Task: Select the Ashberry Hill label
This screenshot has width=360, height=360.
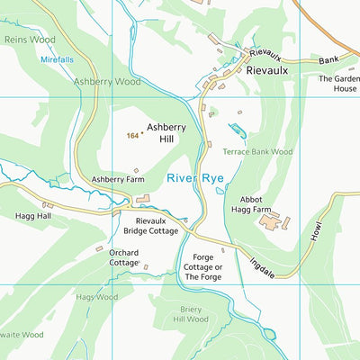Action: [x=166, y=133]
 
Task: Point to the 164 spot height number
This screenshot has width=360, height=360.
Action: [x=132, y=136]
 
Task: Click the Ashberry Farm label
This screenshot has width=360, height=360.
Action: [x=118, y=180]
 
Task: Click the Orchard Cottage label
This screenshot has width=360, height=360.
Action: [x=123, y=258]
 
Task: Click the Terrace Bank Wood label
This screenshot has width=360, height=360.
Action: [x=258, y=153]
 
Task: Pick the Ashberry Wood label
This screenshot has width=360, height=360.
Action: [x=108, y=81]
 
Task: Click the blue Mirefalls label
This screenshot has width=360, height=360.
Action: [x=58, y=59]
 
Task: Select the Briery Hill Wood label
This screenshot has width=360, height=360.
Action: [x=190, y=314]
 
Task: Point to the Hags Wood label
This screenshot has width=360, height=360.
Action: [x=97, y=297]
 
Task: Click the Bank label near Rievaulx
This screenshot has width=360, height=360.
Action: [x=329, y=59]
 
